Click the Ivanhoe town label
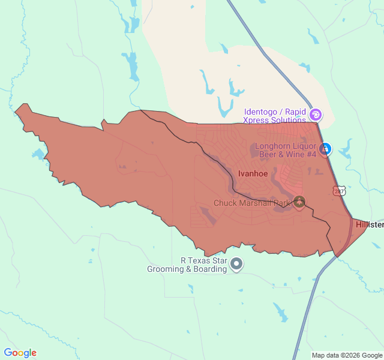coord(253,173)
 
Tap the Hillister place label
coord(369,224)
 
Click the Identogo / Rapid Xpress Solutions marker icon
coord(316,114)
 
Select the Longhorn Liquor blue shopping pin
coord(325,148)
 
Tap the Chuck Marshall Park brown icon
coord(299,203)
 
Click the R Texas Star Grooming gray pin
coord(237,263)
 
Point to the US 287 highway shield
coord(339,191)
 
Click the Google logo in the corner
coord(20,353)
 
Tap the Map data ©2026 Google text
coord(346,355)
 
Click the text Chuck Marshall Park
coord(252,203)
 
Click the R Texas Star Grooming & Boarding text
coord(187,265)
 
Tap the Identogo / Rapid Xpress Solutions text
coord(275,116)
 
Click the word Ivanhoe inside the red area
coord(253,173)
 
